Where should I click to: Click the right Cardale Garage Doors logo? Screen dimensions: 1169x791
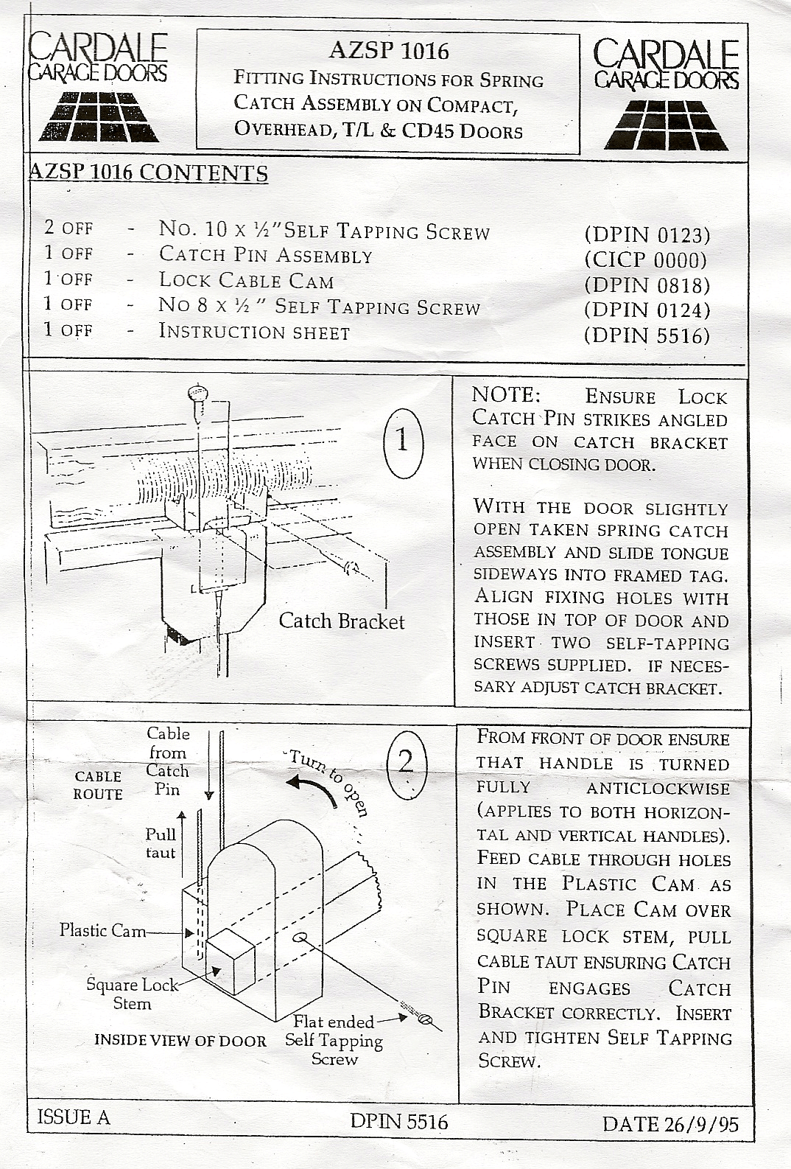click(x=666, y=94)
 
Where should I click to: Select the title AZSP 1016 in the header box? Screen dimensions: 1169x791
click(x=389, y=51)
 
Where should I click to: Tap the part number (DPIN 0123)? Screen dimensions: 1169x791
click(x=647, y=235)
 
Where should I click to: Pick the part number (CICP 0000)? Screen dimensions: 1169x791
click(x=646, y=259)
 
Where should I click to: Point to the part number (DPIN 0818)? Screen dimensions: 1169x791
click(x=647, y=285)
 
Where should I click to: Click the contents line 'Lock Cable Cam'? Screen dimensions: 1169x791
click(x=246, y=281)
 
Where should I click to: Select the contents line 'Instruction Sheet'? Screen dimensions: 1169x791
click(x=254, y=332)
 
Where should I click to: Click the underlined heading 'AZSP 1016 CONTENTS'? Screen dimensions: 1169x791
click(x=148, y=173)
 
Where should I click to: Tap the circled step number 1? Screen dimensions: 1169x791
click(x=403, y=442)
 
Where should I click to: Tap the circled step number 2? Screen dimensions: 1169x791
click(x=406, y=762)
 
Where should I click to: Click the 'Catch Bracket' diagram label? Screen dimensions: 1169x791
click(x=342, y=621)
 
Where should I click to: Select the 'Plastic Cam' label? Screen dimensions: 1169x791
click(x=103, y=930)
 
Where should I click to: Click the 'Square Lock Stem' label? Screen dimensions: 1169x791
click(x=133, y=994)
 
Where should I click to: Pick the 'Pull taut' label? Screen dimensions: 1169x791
click(x=161, y=843)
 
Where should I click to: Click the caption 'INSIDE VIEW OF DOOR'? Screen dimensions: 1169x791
click(x=180, y=1041)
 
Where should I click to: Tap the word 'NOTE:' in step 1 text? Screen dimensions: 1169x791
click(x=506, y=395)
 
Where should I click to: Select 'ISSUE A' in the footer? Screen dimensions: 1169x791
click(x=73, y=1117)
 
